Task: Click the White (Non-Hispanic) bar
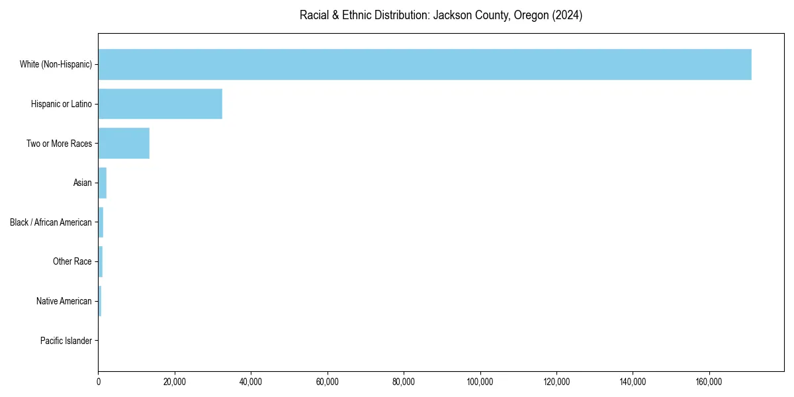425,64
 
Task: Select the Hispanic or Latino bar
160,104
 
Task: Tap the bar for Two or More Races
124,144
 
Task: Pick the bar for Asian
103,183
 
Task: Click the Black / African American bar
101,222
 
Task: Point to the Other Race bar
101,262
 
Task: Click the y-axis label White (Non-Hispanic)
56,64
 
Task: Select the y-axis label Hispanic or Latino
62,104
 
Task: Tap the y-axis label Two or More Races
59,144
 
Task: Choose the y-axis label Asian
83,183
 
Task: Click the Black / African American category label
51,222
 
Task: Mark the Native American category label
64,301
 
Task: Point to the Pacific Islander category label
66,341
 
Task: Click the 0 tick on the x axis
99,382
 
